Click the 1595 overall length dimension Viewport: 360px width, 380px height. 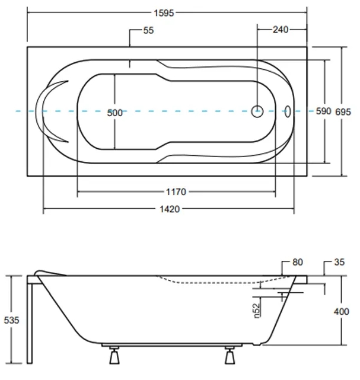tap(166, 12)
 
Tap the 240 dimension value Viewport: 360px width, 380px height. tap(281, 30)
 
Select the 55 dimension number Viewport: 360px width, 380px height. tap(148, 31)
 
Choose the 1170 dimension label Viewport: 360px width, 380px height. tap(176, 191)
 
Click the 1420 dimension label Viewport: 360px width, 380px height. tap(170, 209)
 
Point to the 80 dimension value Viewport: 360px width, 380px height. tap(297, 261)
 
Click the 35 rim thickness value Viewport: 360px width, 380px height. tap(339, 261)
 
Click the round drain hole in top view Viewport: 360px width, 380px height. tap(257, 111)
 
